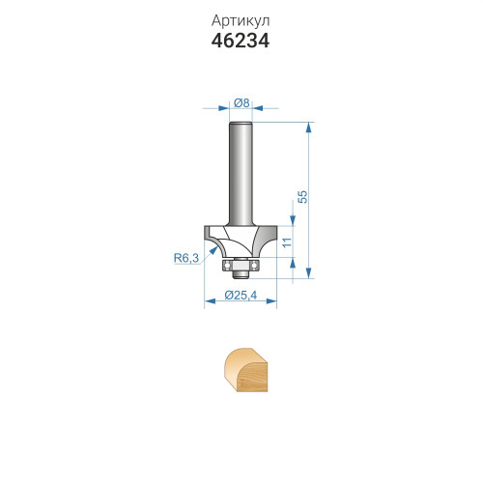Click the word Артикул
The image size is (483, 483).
(x=241, y=21)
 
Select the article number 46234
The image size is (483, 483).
(x=241, y=42)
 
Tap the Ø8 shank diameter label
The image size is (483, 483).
(x=241, y=103)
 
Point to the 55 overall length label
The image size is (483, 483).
(x=302, y=197)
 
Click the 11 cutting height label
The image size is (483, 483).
(x=287, y=241)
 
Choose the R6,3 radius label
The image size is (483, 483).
(x=186, y=258)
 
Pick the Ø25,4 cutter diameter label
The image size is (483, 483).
(x=241, y=295)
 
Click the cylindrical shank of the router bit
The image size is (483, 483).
(x=241, y=174)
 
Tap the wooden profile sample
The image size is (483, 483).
(x=246, y=370)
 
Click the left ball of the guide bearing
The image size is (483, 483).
(x=227, y=266)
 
